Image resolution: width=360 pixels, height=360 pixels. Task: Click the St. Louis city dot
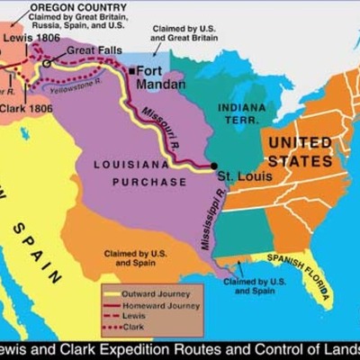(x=213, y=166)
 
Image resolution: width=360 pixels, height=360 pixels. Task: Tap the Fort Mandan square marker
(x=131, y=70)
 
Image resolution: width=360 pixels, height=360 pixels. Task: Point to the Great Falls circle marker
(x=47, y=64)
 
